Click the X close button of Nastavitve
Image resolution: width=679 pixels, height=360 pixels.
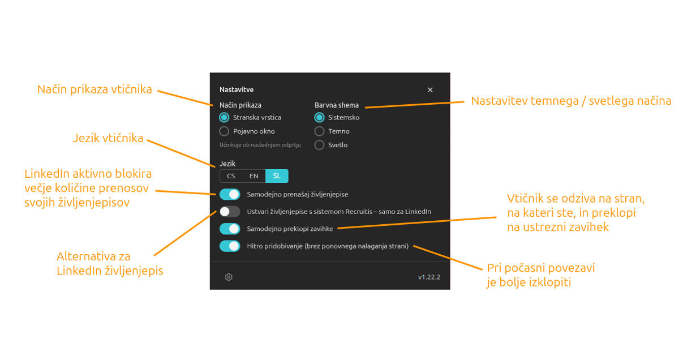(x=430, y=90)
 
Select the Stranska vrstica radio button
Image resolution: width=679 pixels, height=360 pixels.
(x=224, y=117)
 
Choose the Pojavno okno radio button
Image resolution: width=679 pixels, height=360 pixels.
(x=224, y=131)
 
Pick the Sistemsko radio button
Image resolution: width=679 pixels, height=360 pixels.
(x=319, y=117)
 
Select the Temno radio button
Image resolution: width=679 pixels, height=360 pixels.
(x=319, y=131)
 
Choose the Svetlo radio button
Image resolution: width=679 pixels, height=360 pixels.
(x=319, y=145)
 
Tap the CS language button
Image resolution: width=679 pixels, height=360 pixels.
(x=231, y=176)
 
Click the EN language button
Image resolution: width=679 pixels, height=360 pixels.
(x=253, y=176)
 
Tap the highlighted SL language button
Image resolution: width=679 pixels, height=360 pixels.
(x=277, y=176)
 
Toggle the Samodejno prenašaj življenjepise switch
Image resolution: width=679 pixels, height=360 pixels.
(x=230, y=194)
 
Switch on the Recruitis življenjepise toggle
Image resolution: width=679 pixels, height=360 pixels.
(x=230, y=212)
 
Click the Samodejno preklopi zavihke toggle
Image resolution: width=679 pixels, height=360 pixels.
(x=230, y=229)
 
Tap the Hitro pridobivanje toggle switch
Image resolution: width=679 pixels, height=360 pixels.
(x=230, y=246)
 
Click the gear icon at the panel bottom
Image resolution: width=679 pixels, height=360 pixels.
(x=229, y=277)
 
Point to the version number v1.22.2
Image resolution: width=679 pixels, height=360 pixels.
(x=429, y=277)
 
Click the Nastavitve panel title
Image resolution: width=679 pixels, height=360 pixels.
(x=237, y=90)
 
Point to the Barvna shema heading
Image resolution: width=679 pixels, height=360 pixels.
(x=337, y=105)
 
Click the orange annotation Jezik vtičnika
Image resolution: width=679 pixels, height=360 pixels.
(x=108, y=138)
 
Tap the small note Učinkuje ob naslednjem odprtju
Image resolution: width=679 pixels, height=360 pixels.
(x=260, y=145)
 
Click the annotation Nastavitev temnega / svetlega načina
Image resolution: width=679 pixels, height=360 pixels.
(x=571, y=101)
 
